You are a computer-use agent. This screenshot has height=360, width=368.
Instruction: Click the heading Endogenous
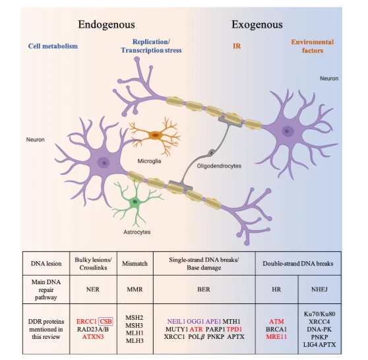pyautogui.click(x=106, y=24)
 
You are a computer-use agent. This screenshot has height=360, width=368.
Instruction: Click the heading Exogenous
pyautogui.click(x=257, y=24)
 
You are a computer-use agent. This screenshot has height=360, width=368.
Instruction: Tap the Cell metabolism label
pyautogui.click(x=53, y=46)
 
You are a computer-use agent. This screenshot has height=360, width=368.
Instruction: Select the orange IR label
pyautogui.click(x=237, y=46)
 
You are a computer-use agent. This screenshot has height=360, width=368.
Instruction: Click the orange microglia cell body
pyautogui.click(x=155, y=135)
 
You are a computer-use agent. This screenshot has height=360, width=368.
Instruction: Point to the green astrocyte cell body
pyautogui.click(x=135, y=201)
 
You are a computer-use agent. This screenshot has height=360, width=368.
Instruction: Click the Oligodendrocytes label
pyautogui.click(x=219, y=166)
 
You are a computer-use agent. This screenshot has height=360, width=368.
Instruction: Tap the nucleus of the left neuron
pyautogui.click(x=104, y=163)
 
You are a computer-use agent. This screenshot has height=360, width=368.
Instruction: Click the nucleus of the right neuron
pyautogui.click(x=287, y=131)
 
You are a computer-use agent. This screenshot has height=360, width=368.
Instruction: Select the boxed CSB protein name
pyautogui.click(x=106, y=321)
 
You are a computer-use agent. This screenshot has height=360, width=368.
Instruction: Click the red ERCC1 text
pyautogui.click(x=86, y=321)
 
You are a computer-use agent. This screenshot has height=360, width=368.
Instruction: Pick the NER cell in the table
pyautogui.click(x=93, y=289)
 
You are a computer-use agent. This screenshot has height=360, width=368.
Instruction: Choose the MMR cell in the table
pyautogui.click(x=135, y=289)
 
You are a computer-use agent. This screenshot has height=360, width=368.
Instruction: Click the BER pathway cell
pyautogui.click(x=204, y=289)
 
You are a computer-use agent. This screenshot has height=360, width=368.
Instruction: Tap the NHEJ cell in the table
pyautogui.click(x=319, y=289)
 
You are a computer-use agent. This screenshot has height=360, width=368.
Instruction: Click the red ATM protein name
pyautogui.click(x=276, y=321)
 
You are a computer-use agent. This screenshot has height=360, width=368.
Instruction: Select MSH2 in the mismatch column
pyautogui.click(x=135, y=318)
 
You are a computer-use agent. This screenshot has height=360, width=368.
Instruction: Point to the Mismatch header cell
pyautogui.click(x=135, y=264)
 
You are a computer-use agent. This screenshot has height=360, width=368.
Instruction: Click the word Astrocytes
pyautogui.click(x=137, y=232)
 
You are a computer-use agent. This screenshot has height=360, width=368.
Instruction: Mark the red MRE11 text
pyautogui.click(x=276, y=337)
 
